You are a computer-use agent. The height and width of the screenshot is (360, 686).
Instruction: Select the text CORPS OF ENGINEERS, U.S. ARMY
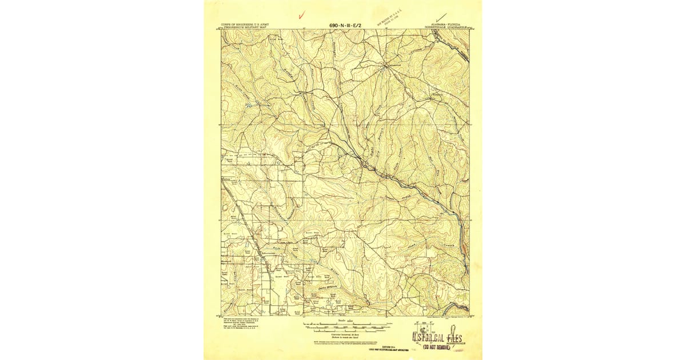click(x=244, y=25)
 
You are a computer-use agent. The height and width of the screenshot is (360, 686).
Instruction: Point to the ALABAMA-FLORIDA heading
click(x=446, y=25)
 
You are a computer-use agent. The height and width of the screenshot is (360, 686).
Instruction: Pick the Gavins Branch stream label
click(x=320, y=291)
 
